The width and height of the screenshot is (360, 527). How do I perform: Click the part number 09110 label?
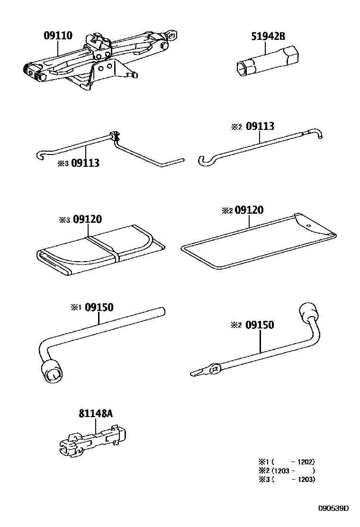tap(58, 36)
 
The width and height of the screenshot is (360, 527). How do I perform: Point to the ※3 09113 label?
tap(78, 164)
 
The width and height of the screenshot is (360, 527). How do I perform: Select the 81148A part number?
tap(96, 413)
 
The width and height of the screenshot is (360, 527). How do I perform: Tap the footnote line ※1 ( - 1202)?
tap(286, 461)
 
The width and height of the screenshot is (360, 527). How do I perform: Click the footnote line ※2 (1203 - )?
tap(286, 470)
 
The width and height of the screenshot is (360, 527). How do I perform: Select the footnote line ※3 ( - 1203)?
tap(286, 479)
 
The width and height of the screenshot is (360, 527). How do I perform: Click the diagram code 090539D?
tap(333, 508)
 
